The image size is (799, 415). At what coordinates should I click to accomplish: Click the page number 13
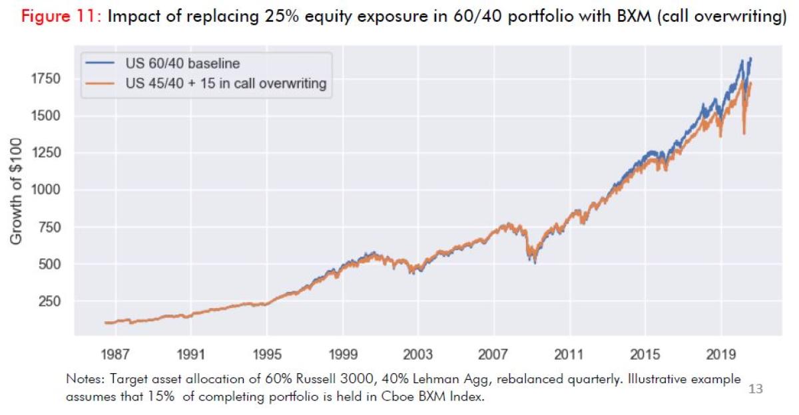756,388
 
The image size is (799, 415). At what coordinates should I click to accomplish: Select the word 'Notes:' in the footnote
83,380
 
